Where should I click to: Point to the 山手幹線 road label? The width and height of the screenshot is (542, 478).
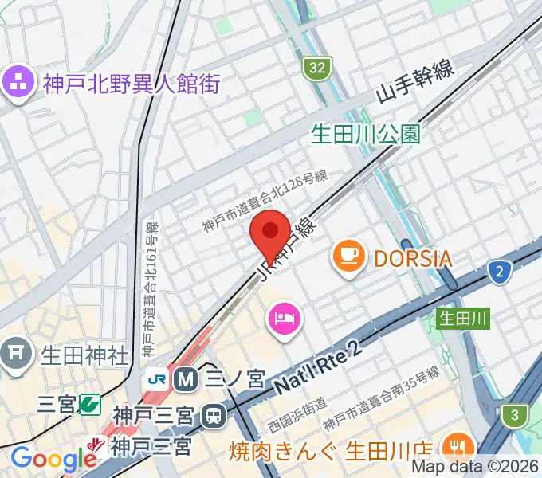(415, 82)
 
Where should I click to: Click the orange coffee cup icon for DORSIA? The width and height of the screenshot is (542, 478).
(348, 257)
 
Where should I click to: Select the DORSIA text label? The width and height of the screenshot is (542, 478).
(413, 258)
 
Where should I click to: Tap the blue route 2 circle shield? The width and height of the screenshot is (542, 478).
(499, 272)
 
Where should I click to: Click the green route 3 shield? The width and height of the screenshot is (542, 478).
(515, 414)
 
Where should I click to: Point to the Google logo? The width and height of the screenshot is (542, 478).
(53, 459)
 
